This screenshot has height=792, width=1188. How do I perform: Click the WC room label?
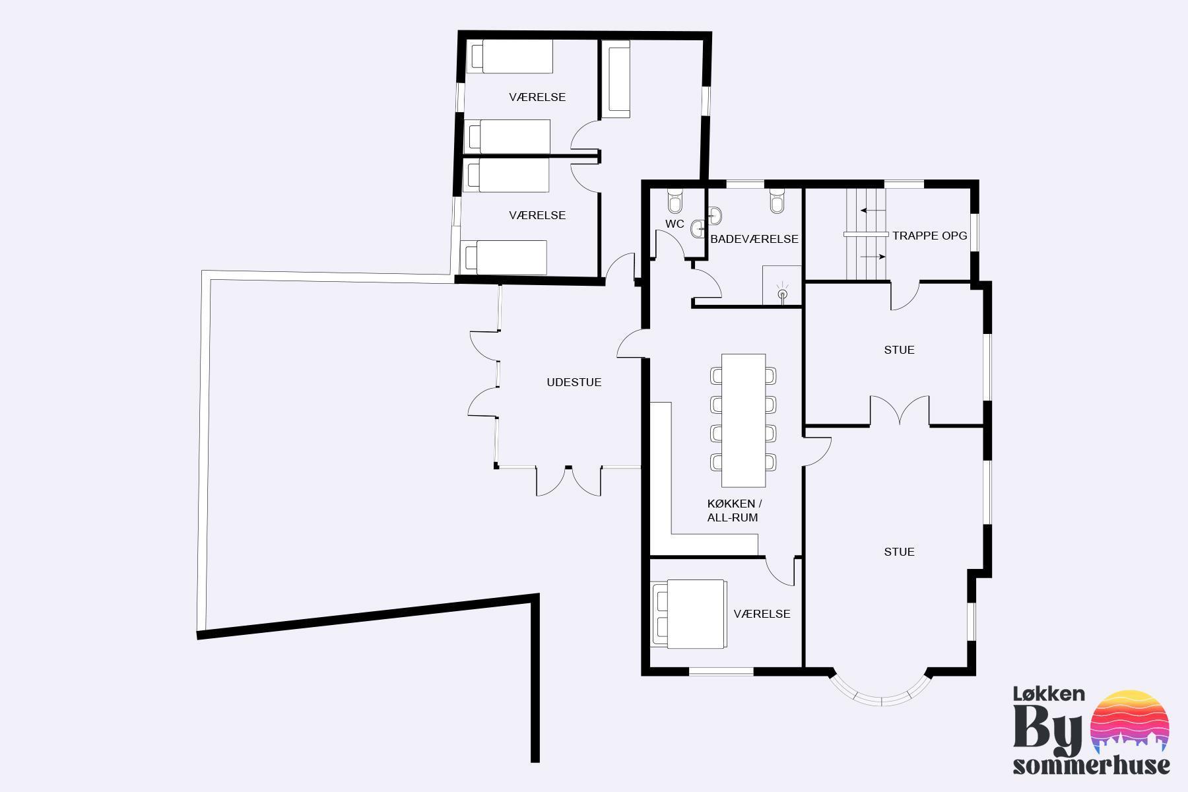tap(675, 224)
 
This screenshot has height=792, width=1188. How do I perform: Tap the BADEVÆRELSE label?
tap(754, 239)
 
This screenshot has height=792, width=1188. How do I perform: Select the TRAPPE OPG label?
tap(930, 236)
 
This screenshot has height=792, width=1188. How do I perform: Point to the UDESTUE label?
tap(574, 382)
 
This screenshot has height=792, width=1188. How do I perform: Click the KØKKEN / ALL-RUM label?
tap(735, 511)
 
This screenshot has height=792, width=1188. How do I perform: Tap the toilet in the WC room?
tap(675, 199)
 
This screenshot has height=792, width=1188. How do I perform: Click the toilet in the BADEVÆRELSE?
tap(777, 201)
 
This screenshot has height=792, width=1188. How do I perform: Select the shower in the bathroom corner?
tap(782, 285)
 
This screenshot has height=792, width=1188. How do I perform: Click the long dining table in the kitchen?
tap(743, 420)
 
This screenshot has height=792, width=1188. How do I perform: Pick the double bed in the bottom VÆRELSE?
tap(689, 614)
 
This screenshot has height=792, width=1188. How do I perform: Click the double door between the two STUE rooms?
tap(900, 410)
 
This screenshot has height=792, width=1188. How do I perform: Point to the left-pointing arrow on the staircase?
tap(873, 211)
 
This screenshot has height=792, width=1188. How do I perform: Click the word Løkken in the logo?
tap(1049, 694)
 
